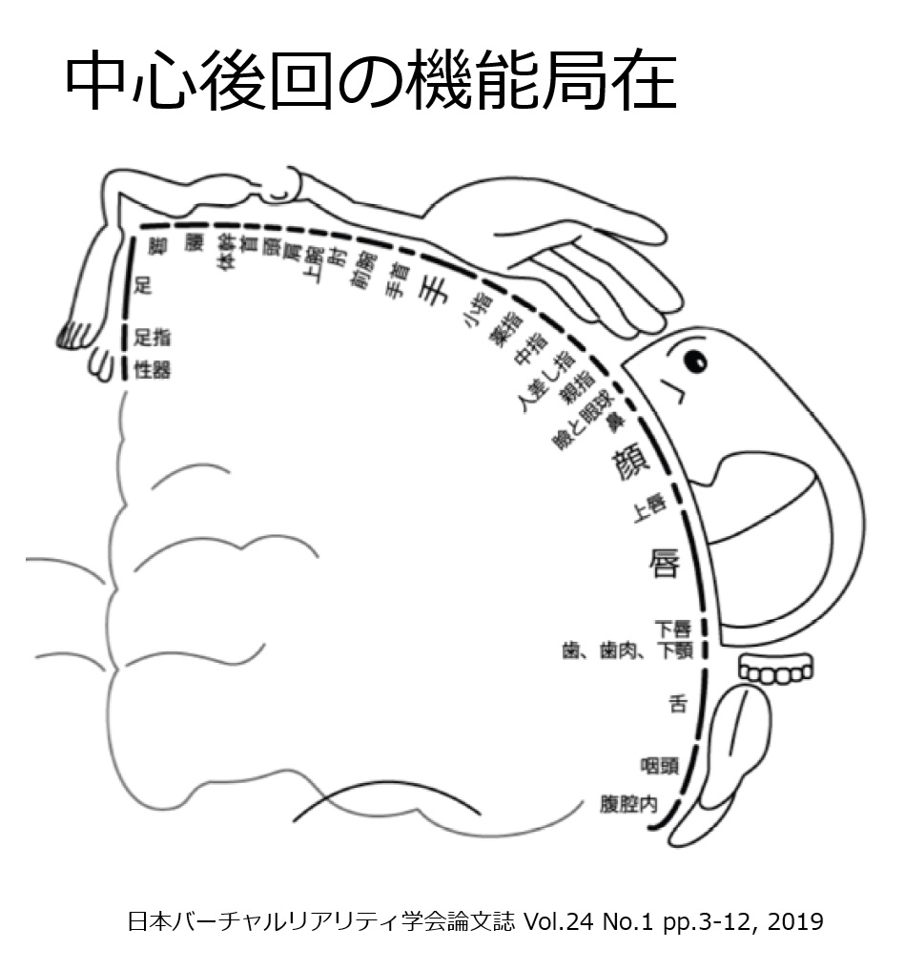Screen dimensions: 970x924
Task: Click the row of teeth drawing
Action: tap(777, 673)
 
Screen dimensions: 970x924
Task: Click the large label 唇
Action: tap(664, 562)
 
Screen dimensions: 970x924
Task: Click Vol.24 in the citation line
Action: tap(569, 922)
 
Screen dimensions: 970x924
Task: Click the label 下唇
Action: tap(671, 629)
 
